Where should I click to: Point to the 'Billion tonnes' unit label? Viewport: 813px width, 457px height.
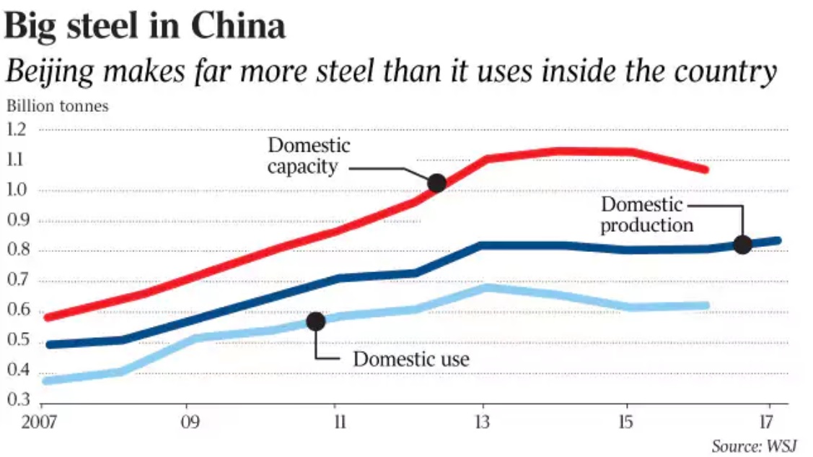[x=58, y=106]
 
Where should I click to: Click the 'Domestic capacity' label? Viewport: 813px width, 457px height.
[x=309, y=156]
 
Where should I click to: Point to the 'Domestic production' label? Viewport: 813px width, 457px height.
[x=646, y=214]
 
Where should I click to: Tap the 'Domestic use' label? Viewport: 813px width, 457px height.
[x=410, y=358]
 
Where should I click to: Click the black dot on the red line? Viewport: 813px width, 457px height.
[x=436, y=183]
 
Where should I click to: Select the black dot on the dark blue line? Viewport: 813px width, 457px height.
[x=742, y=244]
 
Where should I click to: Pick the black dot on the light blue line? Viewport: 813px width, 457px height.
[x=315, y=321]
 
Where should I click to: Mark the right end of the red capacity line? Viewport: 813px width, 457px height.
[x=706, y=170]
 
